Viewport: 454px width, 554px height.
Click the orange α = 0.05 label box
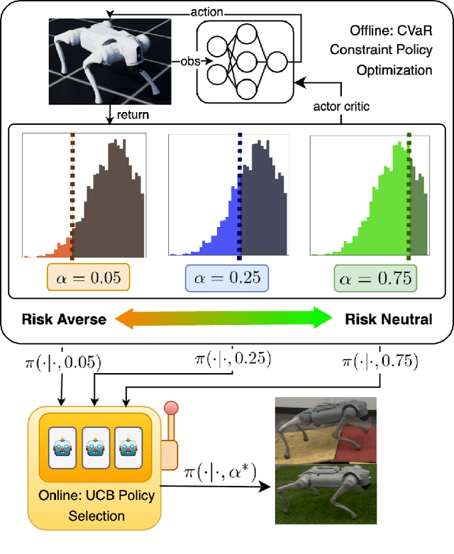pos(89,278)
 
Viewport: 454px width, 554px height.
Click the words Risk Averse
pos(64,319)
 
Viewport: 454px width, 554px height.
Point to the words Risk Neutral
pos(388,319)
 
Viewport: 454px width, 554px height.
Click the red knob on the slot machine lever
pos(170,410)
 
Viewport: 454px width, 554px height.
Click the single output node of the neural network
pos(277,62)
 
